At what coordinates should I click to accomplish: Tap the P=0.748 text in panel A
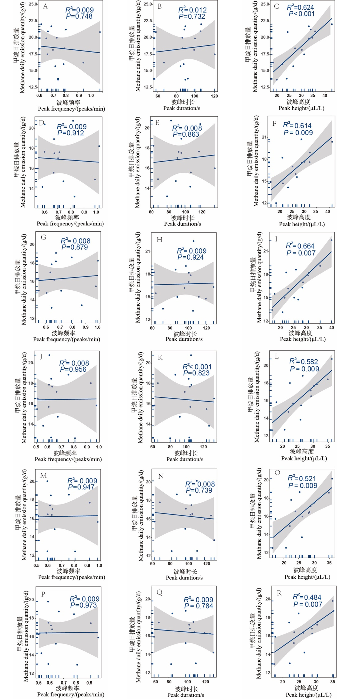[x=79, y=16]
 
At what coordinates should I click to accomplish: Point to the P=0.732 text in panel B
[x=192, y=17]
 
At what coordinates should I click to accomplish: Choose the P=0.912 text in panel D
[x=71, y=133]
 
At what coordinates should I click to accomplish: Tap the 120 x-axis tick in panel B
[x=214, y=96]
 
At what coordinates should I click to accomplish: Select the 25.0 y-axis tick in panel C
[x=265, y=4]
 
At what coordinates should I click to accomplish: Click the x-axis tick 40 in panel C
[x=325, y=96]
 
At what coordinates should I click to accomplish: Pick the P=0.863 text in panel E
[x=186, y=134]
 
